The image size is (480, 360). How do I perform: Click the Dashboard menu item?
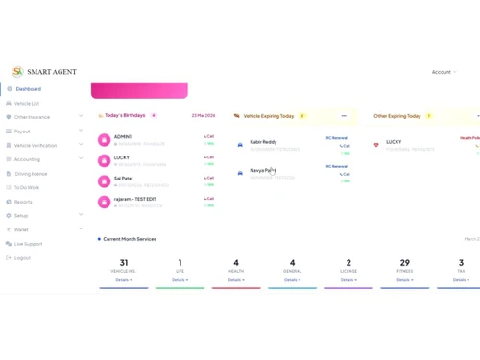(x=28, y=89)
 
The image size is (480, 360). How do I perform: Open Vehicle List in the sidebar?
(x=26, y=103)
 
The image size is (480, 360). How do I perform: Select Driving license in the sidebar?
(x=30, y=174)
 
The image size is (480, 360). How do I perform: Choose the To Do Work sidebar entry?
(x=26, y=188)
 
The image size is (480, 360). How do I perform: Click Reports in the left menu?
(x=23, y=202)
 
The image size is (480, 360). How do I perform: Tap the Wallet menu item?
(x=21, y=229)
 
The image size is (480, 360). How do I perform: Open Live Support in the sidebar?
(x=28, y=244)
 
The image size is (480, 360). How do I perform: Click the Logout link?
(x=22, y=258)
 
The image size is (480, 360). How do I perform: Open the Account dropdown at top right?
(x=444, y=72)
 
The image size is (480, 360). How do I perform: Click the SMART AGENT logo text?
(x=52, y=72)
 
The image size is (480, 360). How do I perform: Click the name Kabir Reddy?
(x=263, y=142)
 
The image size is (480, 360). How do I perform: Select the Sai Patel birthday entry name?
(x=124, y=178)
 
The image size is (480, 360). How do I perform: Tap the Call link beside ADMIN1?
(x=209, y=137)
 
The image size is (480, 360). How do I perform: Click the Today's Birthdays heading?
(x=125, y=115)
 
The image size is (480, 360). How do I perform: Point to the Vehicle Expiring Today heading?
(x=269, y=116)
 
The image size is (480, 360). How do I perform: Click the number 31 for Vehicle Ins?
(x=123, y=263)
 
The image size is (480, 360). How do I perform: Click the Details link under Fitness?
(x=404, y=280)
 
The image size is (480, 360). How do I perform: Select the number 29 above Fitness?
(x=404, y=263)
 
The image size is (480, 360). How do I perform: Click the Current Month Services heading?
(x=130, y=239)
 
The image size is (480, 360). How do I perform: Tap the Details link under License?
(x=348, y=280)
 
